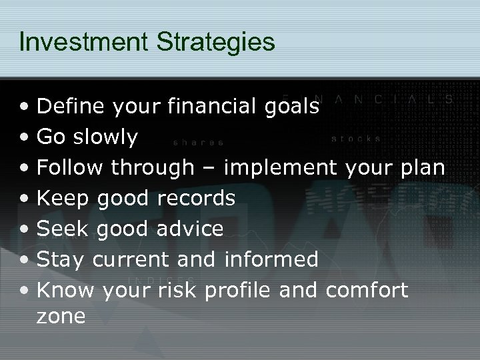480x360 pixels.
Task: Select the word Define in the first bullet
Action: pos(71,106)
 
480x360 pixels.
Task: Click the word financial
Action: pos(209,106)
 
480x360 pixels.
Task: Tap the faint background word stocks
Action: pos(357,139)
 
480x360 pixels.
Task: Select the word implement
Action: pos(281,167)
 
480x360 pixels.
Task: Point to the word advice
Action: pos(189,229)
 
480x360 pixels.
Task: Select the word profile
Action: pos(245,290)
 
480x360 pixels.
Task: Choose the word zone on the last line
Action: pos(61,316)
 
